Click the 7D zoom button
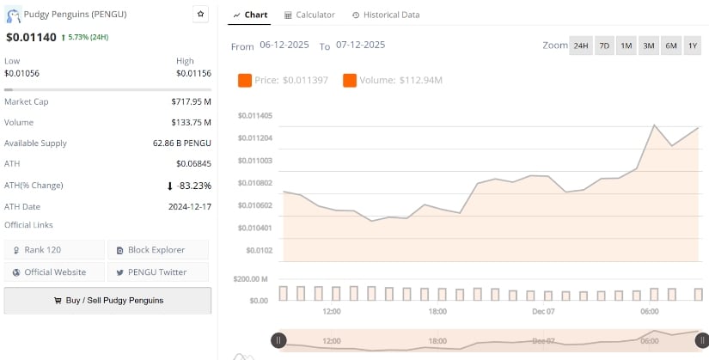coord(604,46)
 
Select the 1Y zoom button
coord(693,46)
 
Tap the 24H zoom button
coord(581,46)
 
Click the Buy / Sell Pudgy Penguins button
coord(107,300)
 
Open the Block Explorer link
coord(157,249)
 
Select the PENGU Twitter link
coord(157,272)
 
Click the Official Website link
coord(55,272)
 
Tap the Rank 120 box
coord(55,249)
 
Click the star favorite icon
coord(200,14)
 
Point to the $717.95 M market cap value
coord(191,101)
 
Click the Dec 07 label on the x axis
coord(544,311)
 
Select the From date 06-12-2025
coord(284,46)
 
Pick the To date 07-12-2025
coord(360,46)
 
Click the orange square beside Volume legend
coord(349,80)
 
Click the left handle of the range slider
coord(278,340)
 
